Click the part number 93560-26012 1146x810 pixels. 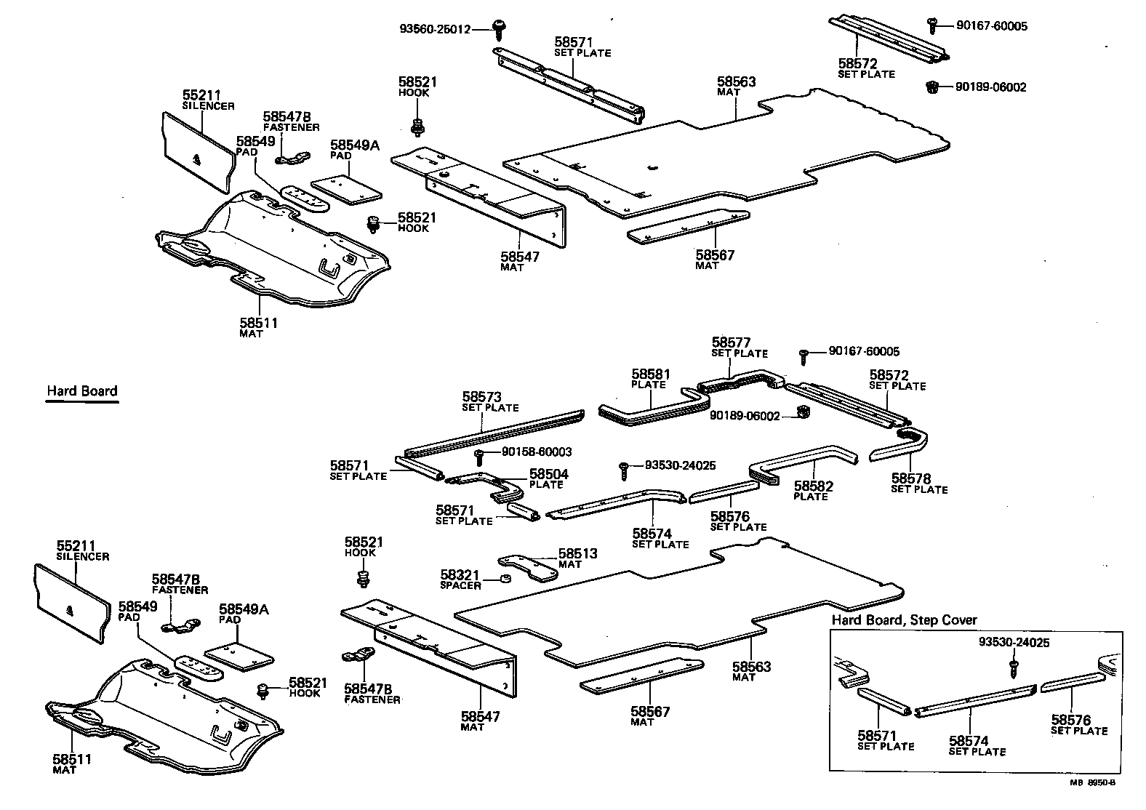(x=435, y=30)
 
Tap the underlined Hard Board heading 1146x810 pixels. (x=81, y=391)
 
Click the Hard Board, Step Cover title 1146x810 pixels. (x=904, y=620)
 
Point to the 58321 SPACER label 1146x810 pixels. (x=460, y=580)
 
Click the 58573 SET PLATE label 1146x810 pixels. (x=490, y=401)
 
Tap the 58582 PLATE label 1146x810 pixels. (x=813, y=491)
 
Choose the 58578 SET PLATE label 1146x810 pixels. (x=919, y=484)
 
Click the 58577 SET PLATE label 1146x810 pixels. (x=739, y=347)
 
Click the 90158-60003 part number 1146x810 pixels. (x=537, y=452)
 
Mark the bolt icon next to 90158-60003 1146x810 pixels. (x=480, y=456)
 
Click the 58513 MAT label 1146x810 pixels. (x=577, y=558)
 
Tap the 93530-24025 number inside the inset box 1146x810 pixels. (x=1014, y=643)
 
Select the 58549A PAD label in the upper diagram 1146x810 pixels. (x=354, y=149)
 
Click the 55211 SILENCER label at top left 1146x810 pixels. (x=208, y=100)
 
